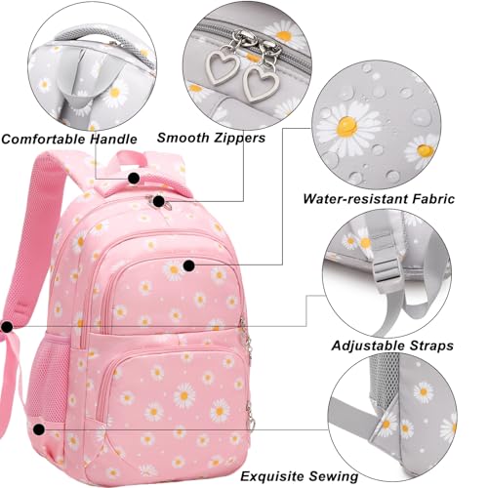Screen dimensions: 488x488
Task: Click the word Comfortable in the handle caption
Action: [x=44, y=139]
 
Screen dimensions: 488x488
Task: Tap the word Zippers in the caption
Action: [x=238, y=138]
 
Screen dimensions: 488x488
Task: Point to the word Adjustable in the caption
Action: [x=368, y=346]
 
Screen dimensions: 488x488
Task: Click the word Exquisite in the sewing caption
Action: [x=272, y=476]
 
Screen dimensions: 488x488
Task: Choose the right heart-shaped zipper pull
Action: [x=261, y=83]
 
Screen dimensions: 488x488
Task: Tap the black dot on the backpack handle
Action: [x=134, y=179]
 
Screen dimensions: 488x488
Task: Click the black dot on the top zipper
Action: [x=159, y=202]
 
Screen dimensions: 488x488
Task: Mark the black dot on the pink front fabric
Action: [x=189, y=265]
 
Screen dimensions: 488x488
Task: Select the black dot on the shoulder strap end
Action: [x=7, y=327]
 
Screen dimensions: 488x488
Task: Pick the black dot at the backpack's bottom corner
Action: [x=39, y=429]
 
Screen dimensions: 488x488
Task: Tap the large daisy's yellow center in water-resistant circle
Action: [x=346, y=126]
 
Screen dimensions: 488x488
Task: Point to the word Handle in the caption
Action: [x=113, y=139]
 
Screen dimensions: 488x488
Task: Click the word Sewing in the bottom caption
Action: [x=333, y=476]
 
